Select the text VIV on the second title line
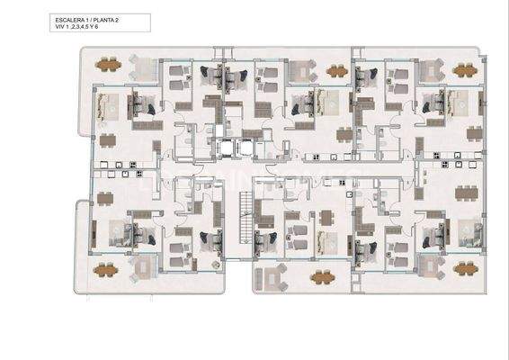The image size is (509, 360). (59, 28)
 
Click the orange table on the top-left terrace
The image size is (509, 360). (108, 65)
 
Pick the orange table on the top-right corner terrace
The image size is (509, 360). (464, 69)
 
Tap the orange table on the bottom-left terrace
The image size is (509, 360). (106, 268)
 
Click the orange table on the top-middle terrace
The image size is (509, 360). (337, 71)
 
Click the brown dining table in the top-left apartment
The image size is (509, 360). (108, 139)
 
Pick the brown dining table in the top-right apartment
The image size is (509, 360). (475, 134)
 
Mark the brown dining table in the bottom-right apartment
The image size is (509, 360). (466, 192)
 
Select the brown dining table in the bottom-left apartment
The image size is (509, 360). (106, 199)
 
